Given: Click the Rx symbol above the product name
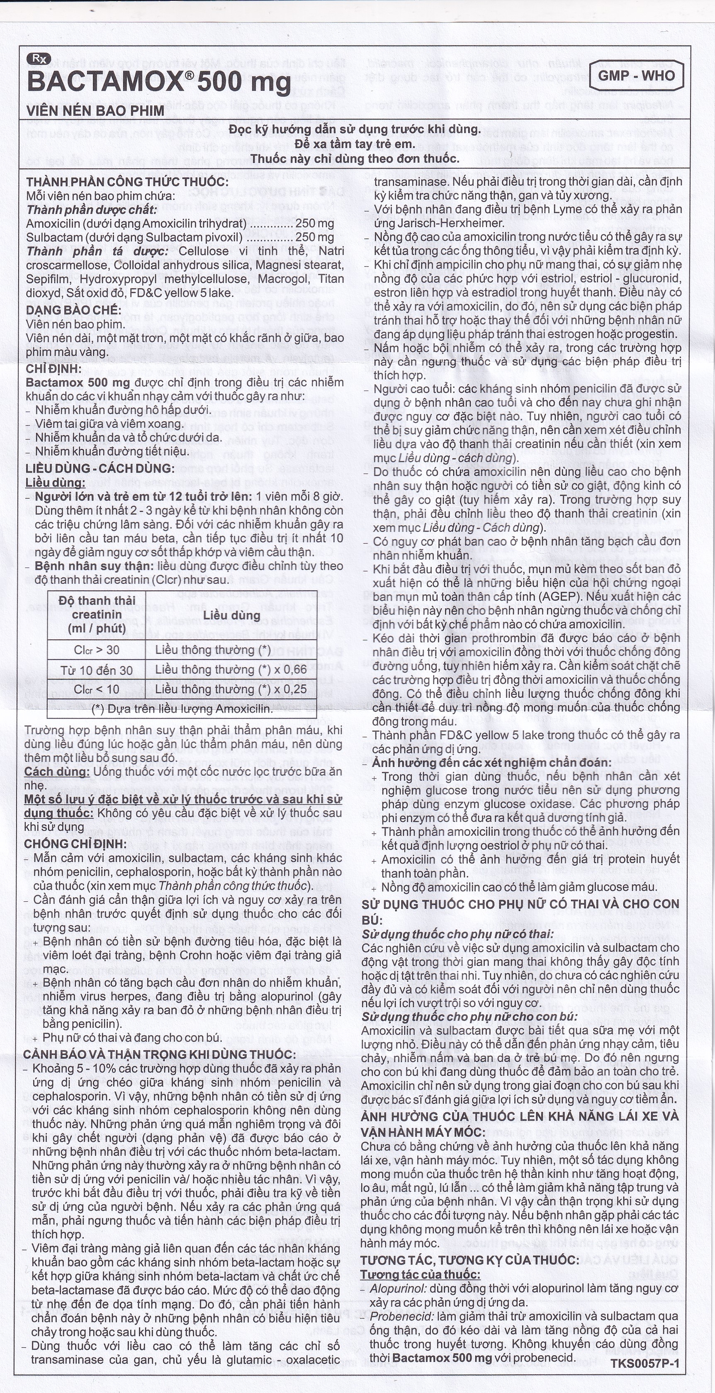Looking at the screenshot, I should click(x=38, y=59).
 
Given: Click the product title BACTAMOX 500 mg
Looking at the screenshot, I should click(x=158, y=82).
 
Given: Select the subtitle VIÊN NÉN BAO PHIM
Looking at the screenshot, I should click(x=95, y=111).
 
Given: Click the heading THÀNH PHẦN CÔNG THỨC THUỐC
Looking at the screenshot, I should click(x=127, y=182).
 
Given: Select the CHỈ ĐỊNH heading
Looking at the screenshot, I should click(x=54, y=369).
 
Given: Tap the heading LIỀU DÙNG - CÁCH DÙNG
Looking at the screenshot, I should click(x=100, y=468).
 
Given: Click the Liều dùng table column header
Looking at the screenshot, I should click(x=231, y=615).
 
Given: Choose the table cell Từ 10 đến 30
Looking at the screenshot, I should click(x=97, y=670).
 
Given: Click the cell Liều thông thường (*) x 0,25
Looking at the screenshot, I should click(x=231, y=689).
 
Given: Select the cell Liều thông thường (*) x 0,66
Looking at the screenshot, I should click(x=231, y=670).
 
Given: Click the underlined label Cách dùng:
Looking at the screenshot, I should click(x=57, y=772).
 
